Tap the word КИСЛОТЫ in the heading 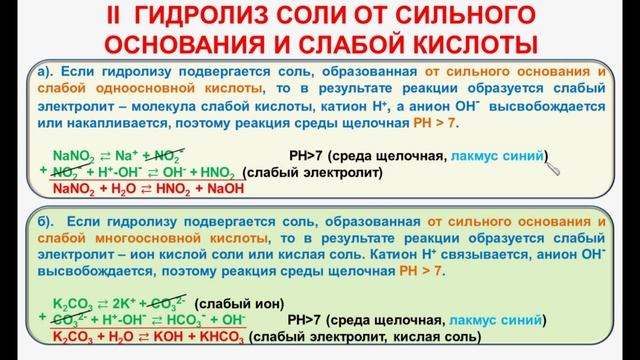[460, 44]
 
